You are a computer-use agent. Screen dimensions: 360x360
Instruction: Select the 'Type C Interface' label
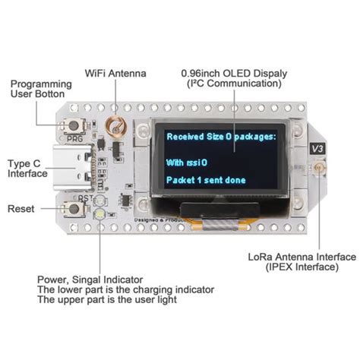[x=27, y=168]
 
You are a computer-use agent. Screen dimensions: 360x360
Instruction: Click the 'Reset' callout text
[x=20, y=208]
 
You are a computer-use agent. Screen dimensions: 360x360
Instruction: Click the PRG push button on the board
[x=76, y=126]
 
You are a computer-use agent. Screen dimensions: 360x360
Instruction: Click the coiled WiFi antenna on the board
[x=114, y=124]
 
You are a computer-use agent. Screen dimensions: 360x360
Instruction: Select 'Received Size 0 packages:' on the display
[x=221, y=137]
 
